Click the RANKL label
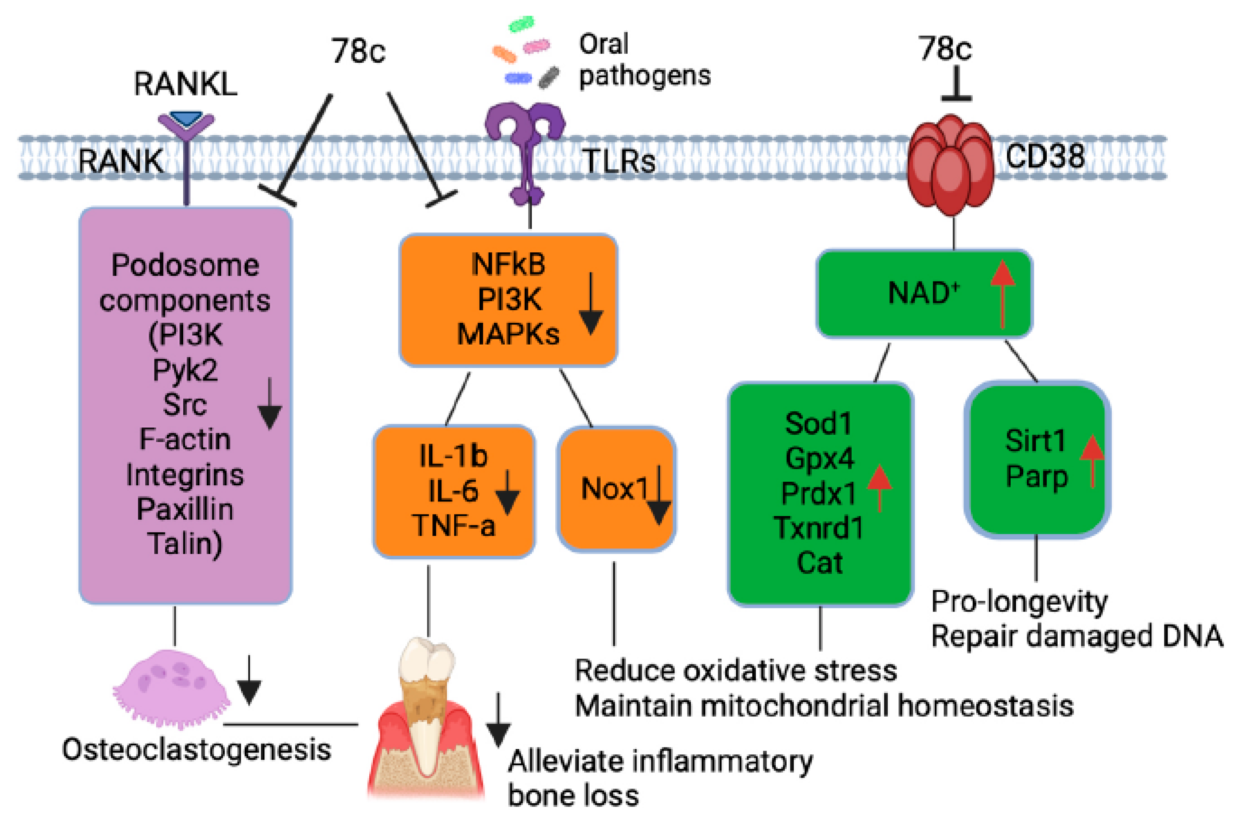click(185, 83)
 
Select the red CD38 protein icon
click(950, 165)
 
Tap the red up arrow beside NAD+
click(1003, 294)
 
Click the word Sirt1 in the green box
click(1035, 440)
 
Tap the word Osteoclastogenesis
click(196, 749)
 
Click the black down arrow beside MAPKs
click(591, 303)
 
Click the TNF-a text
click(453, 525)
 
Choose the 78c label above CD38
click(945, 48)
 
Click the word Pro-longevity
click(1019, 602)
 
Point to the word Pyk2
click(185, 370)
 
